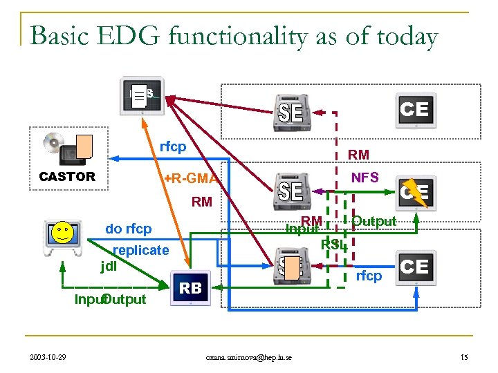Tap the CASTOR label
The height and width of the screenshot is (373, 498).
click(67, 176)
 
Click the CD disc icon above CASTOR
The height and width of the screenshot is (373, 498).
click(53, 143)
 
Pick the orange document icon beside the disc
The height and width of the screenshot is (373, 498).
click(83, 146)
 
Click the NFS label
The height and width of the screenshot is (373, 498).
click(365, 178)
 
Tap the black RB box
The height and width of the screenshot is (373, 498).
click(190, 288)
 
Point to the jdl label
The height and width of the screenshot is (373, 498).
click(109, 265)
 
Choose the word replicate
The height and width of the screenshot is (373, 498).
click(140, 250)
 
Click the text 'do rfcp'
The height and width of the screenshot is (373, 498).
click(128, 229)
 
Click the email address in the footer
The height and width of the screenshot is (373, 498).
click(249, 357)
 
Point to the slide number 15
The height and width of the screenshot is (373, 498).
click(463, 357)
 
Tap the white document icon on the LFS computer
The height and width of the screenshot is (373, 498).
click(139, 95)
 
